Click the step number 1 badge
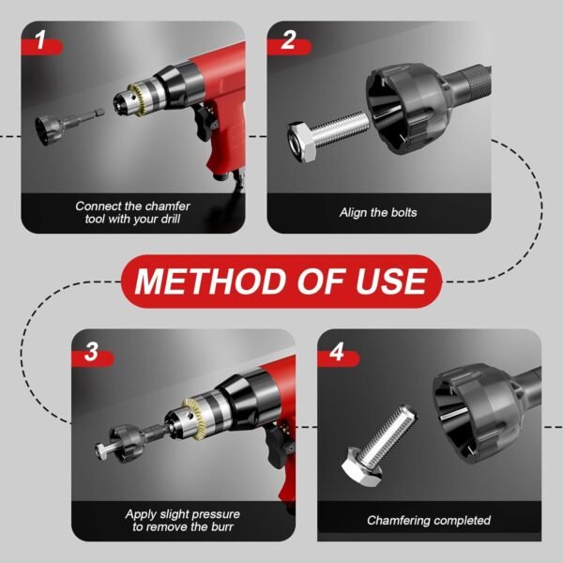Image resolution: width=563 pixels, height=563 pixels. [40, 40]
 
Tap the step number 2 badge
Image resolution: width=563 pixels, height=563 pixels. [288, 40]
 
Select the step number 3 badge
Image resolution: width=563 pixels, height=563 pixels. [91, 353]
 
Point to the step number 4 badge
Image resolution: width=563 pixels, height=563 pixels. [337, 353]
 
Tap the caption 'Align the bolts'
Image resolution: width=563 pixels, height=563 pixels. [378, 212]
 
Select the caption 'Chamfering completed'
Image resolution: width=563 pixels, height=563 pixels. [428, 520]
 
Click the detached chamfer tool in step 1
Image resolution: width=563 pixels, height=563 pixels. [57, 128]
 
